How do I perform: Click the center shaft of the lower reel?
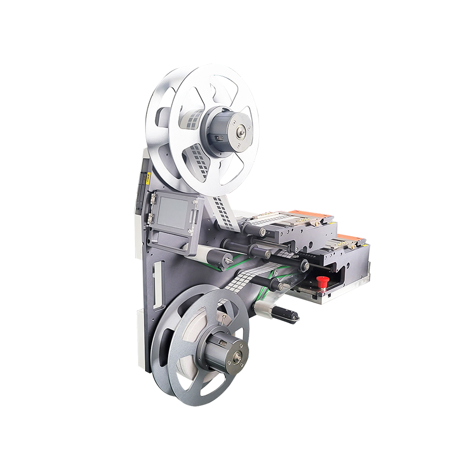click(237, 355)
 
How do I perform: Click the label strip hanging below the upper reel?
click(222, 206)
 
